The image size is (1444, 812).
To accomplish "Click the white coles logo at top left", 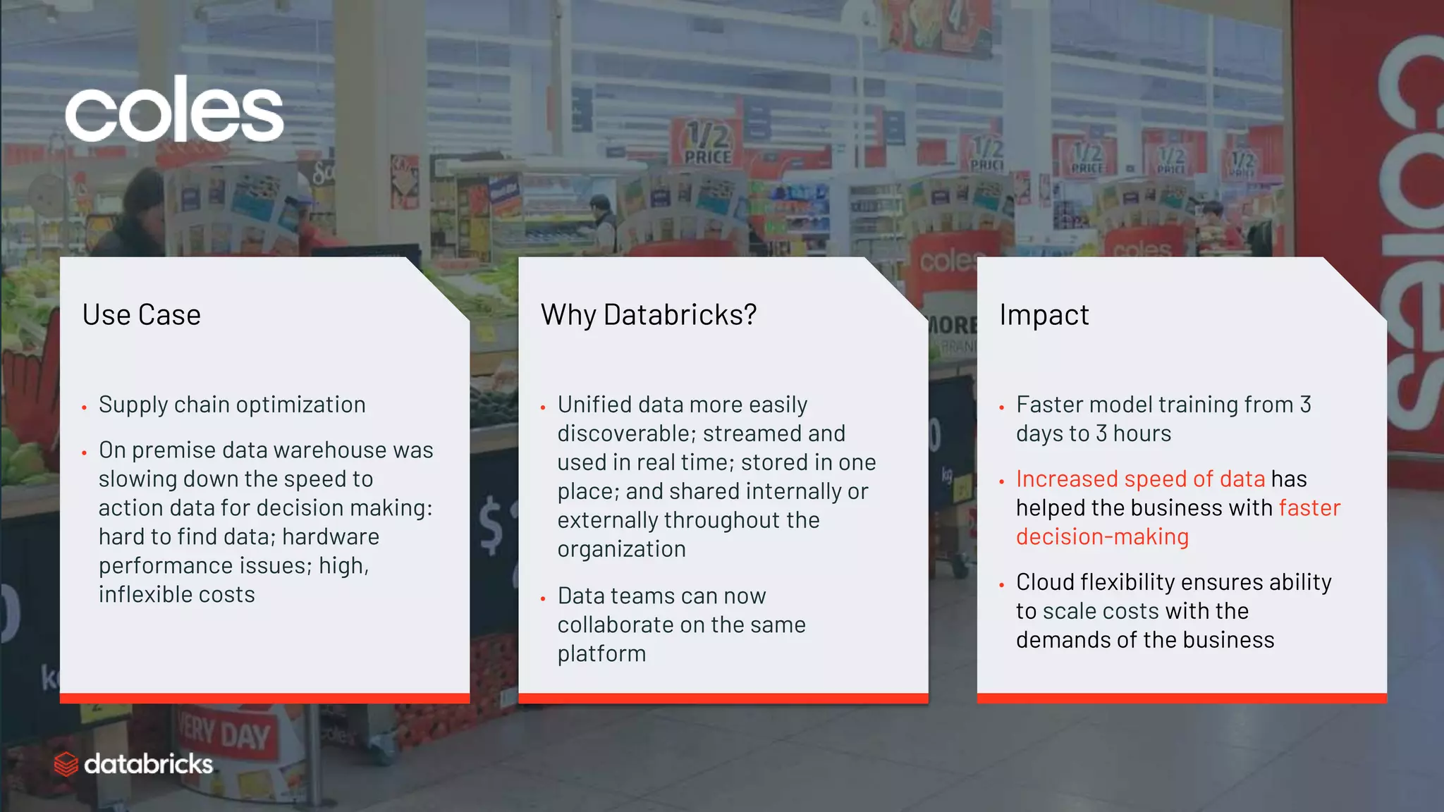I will point(174,109).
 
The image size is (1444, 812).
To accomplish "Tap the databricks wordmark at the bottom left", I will point(148,764).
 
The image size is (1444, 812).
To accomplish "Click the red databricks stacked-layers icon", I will point(66,764).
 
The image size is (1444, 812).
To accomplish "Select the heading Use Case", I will point(141,315).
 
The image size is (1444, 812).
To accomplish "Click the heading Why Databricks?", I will point(648,315).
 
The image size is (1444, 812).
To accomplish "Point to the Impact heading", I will point(1044,315).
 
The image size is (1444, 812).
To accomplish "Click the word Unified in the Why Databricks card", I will point(594,405).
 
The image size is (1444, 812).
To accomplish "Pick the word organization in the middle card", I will point(621,550).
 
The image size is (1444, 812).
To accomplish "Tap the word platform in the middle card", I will point(601,654).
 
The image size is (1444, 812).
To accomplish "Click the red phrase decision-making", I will point(1102,537).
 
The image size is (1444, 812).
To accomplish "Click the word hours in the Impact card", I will point(1142,433).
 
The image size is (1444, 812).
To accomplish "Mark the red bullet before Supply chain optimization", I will point(84,407).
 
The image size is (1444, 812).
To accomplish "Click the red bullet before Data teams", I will point(543,598).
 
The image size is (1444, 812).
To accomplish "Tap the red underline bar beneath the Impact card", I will point(1181,698).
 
